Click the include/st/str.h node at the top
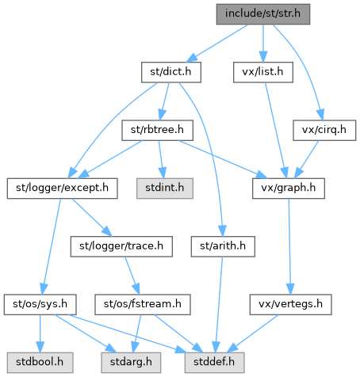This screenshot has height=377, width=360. pyautogui.click(x=263, y=14)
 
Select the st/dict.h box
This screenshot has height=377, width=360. pyautogui.click(x=171, y=72)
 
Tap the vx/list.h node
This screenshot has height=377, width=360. pyautogui.click(x=263, y=72)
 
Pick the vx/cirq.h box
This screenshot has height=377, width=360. pyautogui.click(x=324, y=131)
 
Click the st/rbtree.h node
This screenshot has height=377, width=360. pyautogui.click(x=157, y=131)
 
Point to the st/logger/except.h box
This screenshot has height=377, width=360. pyautogui.click(x=63, y=188)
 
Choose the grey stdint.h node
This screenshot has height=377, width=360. pyautogui.click(x=165, y=188)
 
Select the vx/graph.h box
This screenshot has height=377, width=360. pyautogui.click(x=289, y=188)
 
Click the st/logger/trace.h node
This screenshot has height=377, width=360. pyautogui.click(x=121, y=246)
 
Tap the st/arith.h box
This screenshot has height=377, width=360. pyautogui.click(x=223, y=246)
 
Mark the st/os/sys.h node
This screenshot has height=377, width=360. pyautogui.click(x=40, y=305)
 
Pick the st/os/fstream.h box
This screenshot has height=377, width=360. pyautogui.click(x=143, y=305)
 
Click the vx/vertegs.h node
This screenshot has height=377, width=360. pyautogui.click(x=291, y=305)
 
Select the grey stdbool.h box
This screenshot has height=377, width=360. pyautogui.click(x=40, y=363)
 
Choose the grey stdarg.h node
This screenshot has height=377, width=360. pyautogui.click(x=131, y=363)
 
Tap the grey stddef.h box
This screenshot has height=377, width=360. pyautogui.click(x=214, y=363)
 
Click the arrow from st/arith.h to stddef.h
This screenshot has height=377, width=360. pyautogui.click(x=219, y=305)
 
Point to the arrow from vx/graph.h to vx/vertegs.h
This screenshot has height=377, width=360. pyautogui.click(x=289, y=246)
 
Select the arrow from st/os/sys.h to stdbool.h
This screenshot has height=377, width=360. pyautogui.click(x=40, y=333)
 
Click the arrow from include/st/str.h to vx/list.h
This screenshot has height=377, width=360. pyautogui.click(x=263, y=44)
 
